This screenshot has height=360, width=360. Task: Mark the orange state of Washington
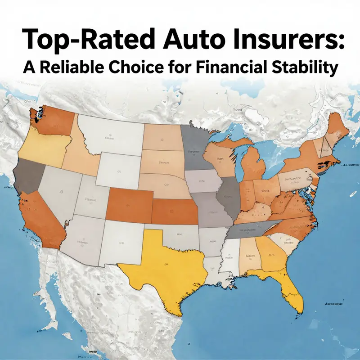pyautogui.click(x=54, y=119)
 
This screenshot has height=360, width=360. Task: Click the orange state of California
pyautogui.click(x=40, y=216)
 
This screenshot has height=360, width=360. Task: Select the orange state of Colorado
pyautogui.click(x=128, y=205)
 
